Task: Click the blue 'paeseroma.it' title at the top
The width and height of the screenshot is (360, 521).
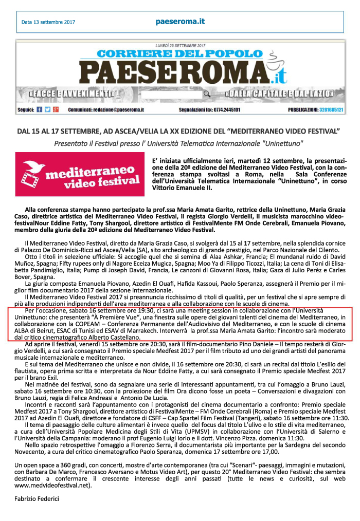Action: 179,22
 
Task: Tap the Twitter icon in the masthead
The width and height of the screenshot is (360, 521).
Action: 48,110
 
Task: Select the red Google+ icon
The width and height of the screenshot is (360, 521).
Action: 56,110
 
